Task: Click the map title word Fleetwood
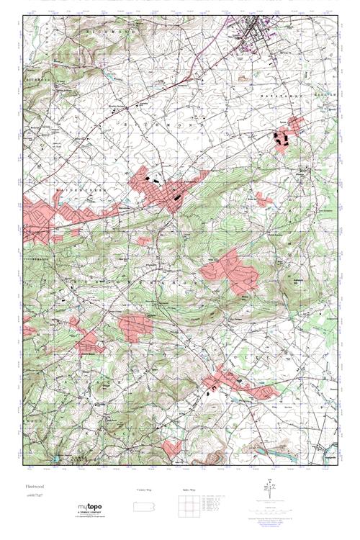(35, 487)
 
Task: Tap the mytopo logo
(93, 507)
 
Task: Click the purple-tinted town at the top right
(256, 32)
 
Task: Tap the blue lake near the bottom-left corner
(55, 457)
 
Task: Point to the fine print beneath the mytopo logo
(93, 517)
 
